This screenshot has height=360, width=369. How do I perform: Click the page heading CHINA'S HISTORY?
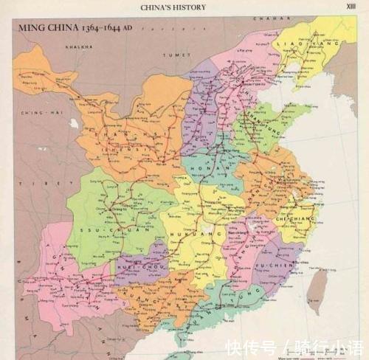[173, 7]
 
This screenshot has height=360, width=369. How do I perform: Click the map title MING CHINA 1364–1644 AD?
[71, 27]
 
